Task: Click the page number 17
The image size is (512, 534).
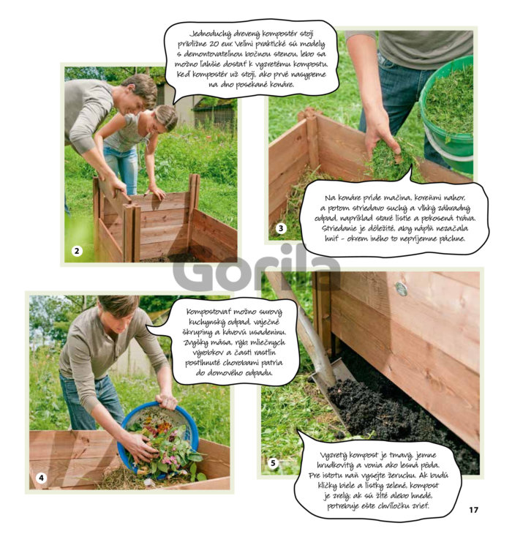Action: [x=473, y=510]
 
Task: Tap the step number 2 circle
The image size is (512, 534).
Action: [x=77, y=252]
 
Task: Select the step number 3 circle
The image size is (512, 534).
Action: [x=281, y=228]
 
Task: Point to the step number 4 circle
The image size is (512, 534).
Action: [x=41, y=478]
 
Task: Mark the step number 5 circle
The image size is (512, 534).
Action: [x=273, y=463]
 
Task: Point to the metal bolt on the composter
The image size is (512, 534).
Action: [x=402, y=289]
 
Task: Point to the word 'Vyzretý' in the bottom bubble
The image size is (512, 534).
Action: [x=334, y=455]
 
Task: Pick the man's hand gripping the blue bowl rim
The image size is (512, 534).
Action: [x=167, y=401]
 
